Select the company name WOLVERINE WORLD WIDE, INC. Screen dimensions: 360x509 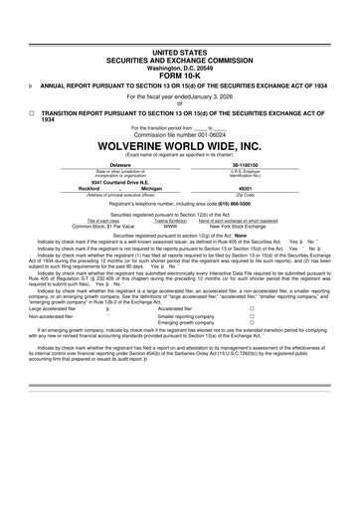[179, 153]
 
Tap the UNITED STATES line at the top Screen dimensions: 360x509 [179, 50]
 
